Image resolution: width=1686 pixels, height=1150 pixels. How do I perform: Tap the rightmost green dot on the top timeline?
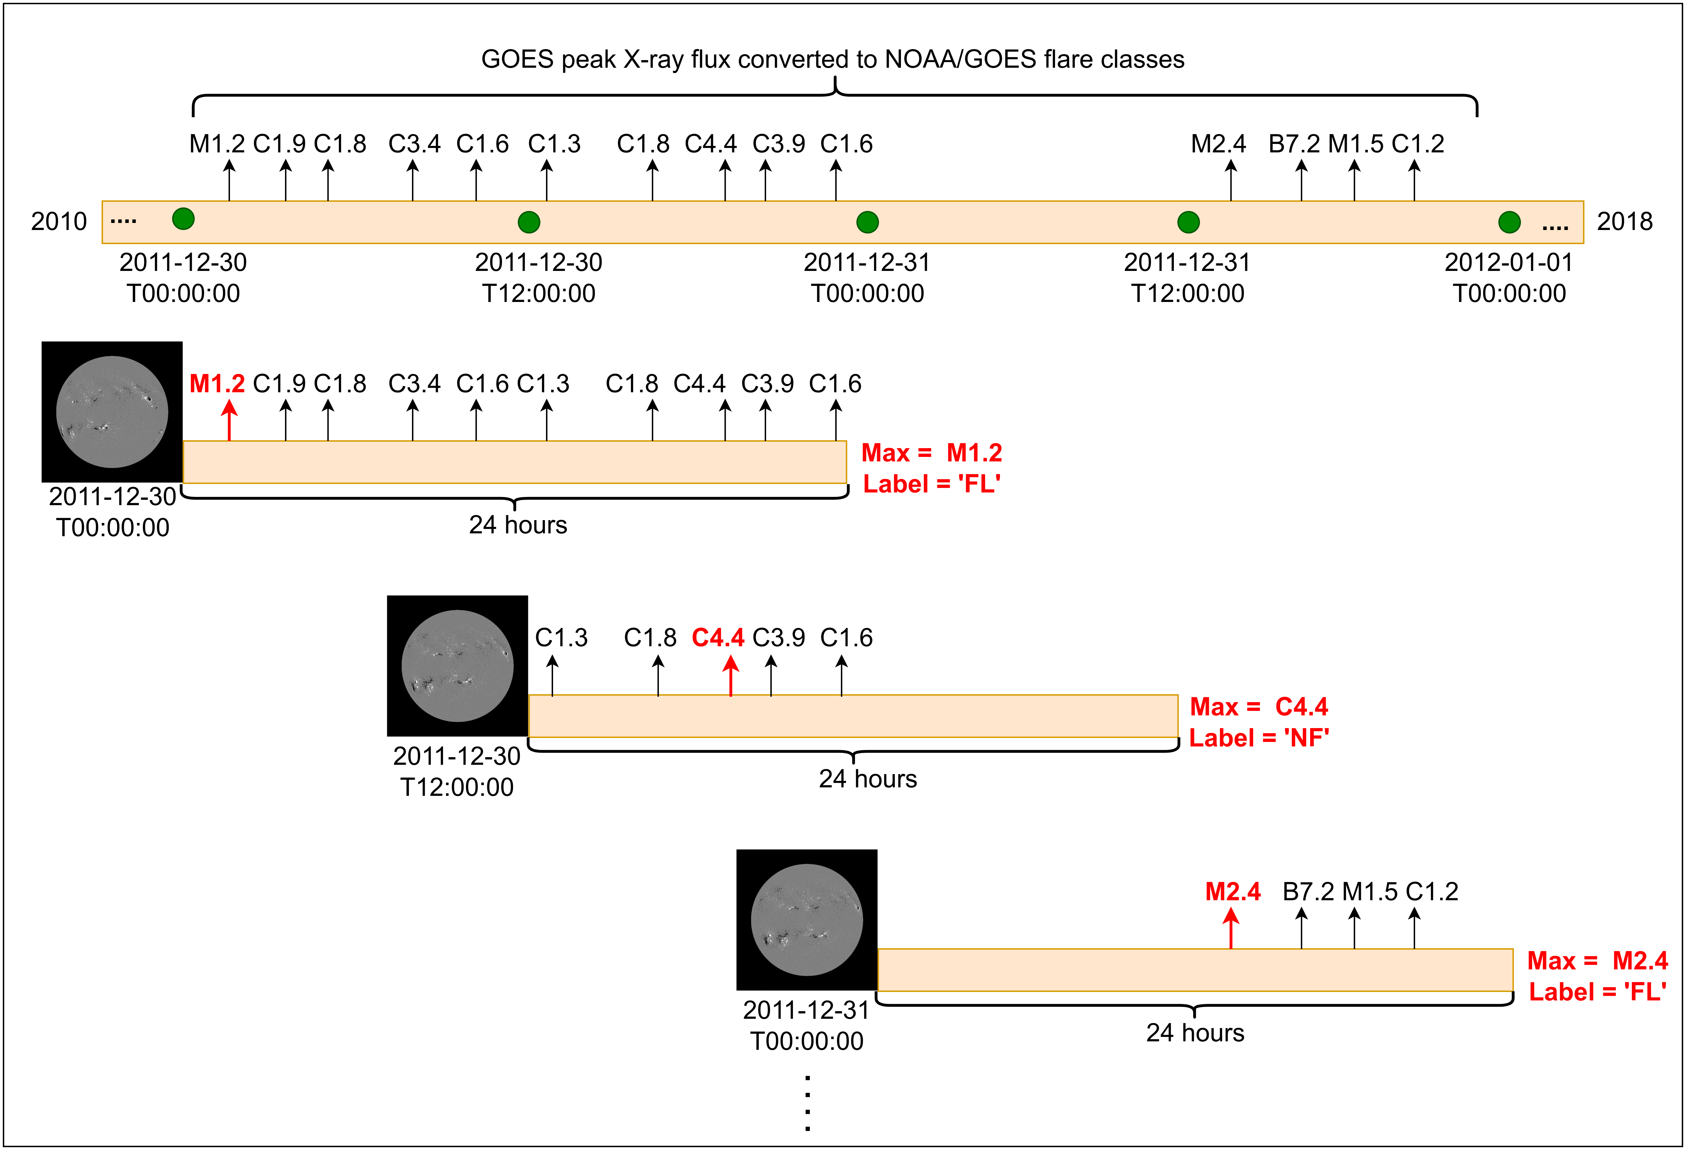[x=1509, y=222]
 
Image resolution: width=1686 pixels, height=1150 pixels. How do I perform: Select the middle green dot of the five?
[x=868, y=222]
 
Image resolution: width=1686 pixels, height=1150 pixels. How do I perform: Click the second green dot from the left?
[x=529, y=222]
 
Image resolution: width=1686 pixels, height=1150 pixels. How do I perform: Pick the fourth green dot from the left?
[x=1188, y=222]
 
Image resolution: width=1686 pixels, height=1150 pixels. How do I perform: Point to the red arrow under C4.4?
[x=731, y=675]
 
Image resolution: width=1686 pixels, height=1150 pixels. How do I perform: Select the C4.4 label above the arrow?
[x=718, y=638]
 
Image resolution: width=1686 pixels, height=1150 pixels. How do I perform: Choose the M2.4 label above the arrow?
[x=1233, y=892]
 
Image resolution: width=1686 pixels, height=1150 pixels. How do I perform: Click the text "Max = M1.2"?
[x=931, y=453]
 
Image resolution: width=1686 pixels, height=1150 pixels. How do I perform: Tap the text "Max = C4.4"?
[x=1259, y=707]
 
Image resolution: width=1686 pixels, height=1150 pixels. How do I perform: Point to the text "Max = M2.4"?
[x=1597, y=961]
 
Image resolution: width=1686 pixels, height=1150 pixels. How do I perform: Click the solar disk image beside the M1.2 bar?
[x=113, y=412]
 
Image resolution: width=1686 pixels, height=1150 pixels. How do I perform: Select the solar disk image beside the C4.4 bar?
[x=458, y=666]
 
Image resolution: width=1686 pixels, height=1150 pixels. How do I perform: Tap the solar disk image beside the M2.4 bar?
[x=807, y=920]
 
